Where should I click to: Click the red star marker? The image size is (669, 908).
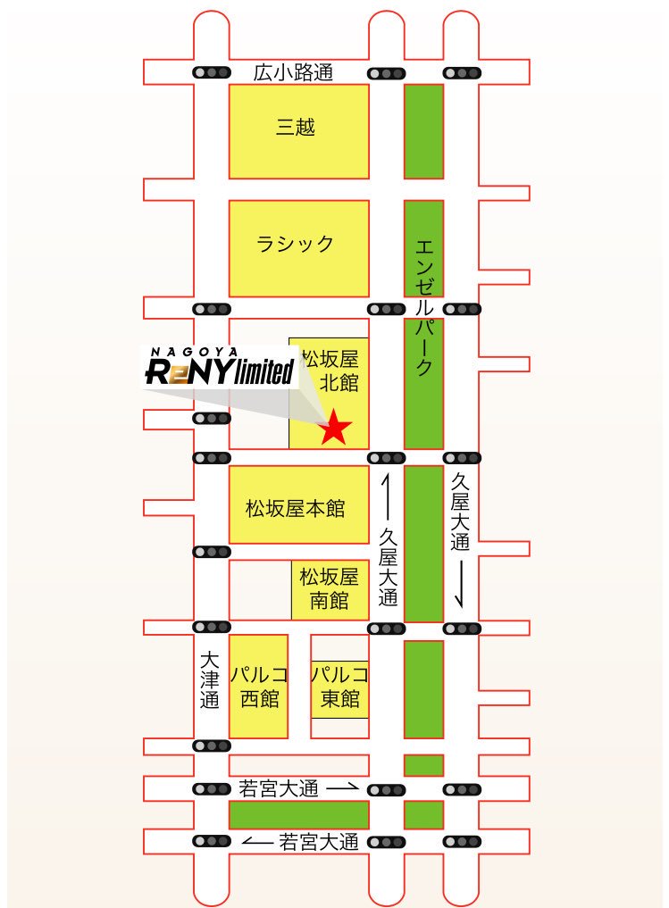(x=335, y=427)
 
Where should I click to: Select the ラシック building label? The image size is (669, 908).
(x=296, y=243)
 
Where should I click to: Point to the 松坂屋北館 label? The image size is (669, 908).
(x=330, y=371)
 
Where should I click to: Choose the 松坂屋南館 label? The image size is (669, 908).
(x=330, y=588)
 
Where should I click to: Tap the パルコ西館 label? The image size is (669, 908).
(x=259, y=685)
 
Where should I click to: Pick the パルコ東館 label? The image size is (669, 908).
(x=339, y=686)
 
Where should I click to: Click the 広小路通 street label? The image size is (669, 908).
(x=293, y=73)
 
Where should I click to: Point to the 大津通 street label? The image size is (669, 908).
(x=210, y=680)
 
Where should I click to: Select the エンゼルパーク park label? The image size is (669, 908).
(x=424, y=304)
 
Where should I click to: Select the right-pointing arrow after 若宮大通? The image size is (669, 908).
(x=342, y=789)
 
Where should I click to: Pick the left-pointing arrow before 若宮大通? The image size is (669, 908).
(x=258, y=842)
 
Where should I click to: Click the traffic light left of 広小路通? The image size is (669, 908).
(x=212, y=73)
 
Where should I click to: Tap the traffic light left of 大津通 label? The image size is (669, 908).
(x=212, y=629)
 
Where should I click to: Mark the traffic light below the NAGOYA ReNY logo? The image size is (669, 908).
(x=212, y=418)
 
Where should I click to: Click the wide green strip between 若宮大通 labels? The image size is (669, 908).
(x=298, y=815)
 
